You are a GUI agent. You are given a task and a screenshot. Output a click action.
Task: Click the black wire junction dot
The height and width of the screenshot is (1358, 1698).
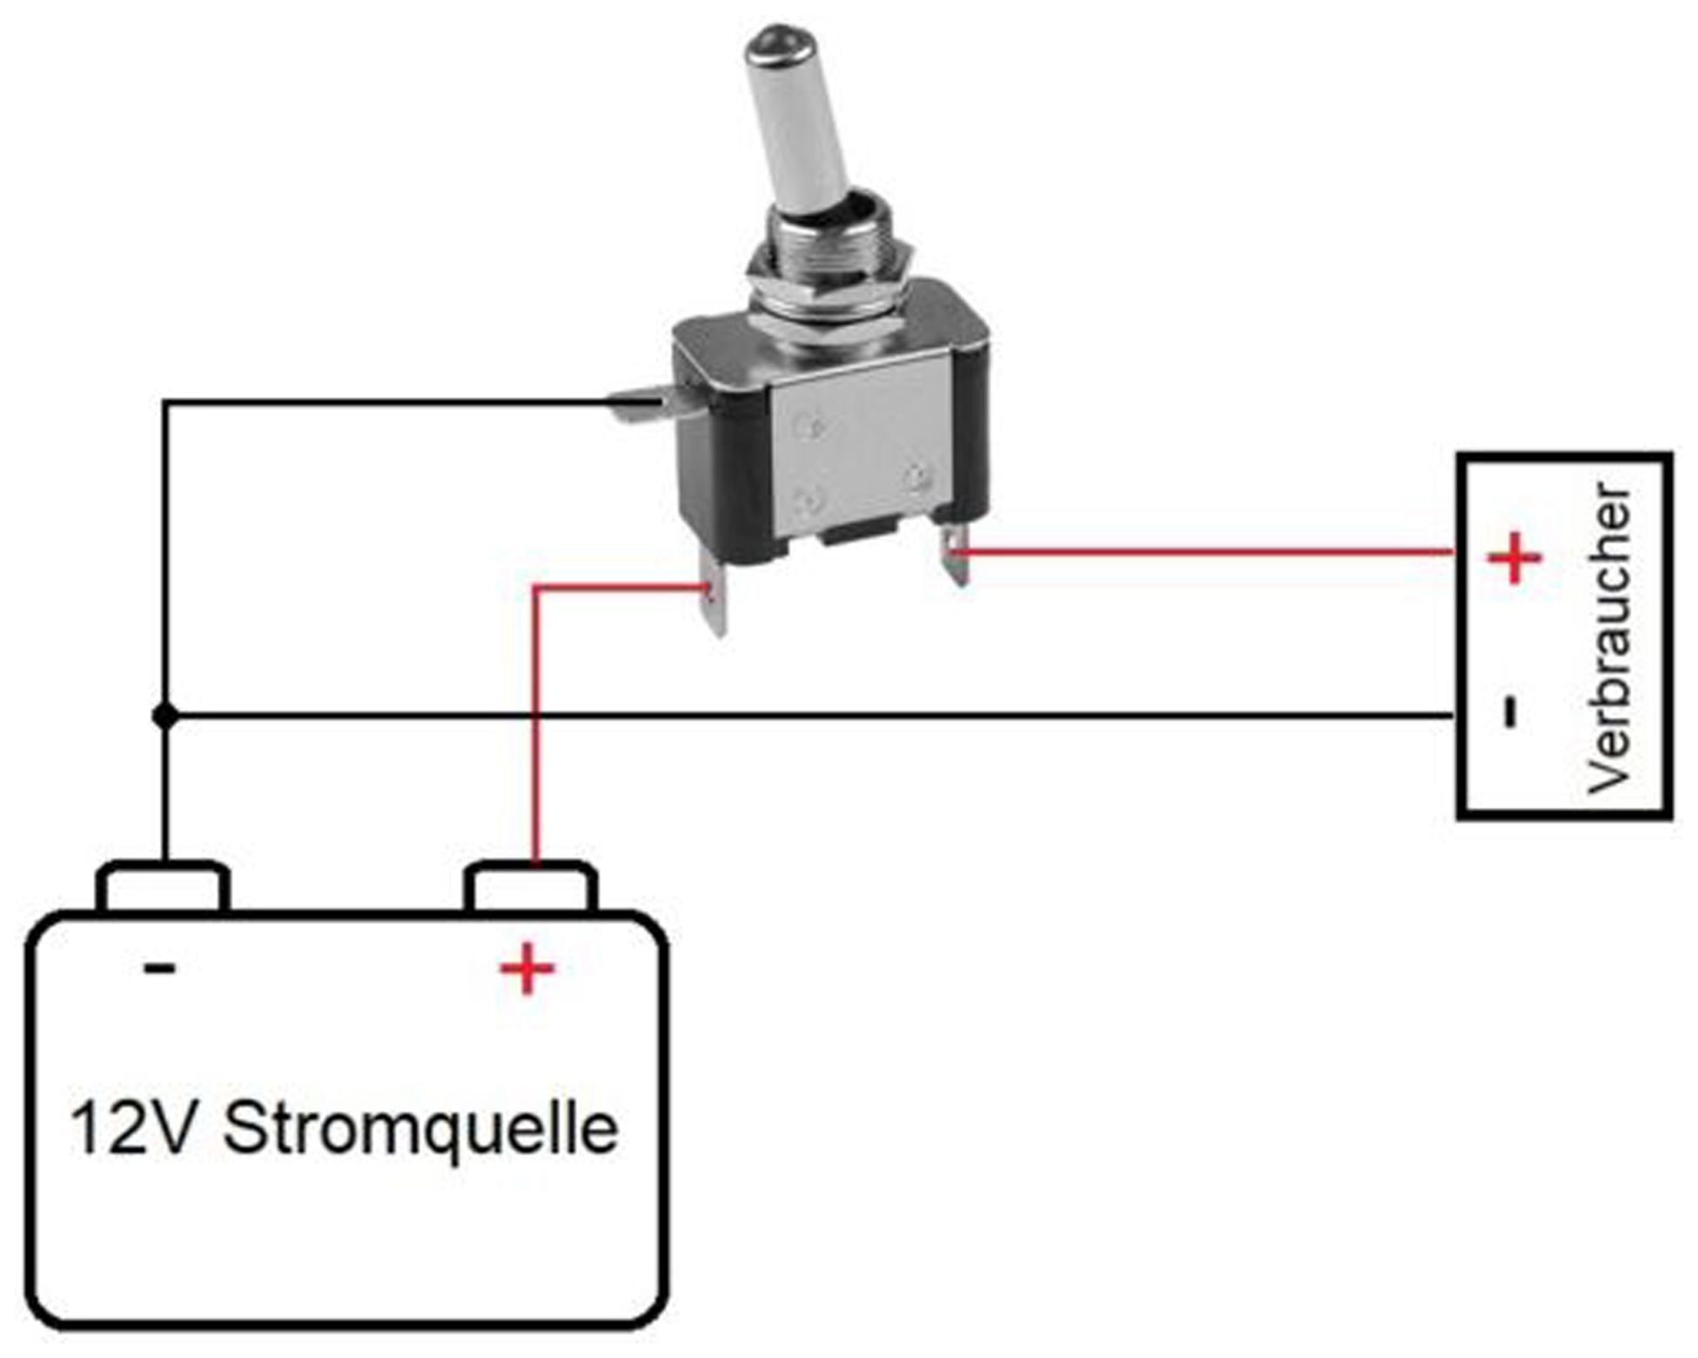pyautogui.click(x=164, y=716)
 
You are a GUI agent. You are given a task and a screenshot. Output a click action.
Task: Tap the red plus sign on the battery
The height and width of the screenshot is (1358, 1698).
pyautogui.click(x=527, y=968)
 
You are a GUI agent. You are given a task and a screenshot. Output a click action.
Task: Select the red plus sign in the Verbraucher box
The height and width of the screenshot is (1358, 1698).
pyautogui.click(x=1514, y=558)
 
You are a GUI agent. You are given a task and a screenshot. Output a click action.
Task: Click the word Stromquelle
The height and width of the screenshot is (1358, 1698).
pyautogui.click(x=420, y=1128)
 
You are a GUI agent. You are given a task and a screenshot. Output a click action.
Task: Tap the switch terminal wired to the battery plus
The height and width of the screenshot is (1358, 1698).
pyautogui.click(x=715, y=596)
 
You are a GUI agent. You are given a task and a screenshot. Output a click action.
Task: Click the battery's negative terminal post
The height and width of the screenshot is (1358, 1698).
pyautogui.click(x=163, y=886)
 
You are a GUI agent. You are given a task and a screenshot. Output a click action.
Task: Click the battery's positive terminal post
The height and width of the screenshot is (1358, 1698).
pyautogui.click(x=531, y=886)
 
